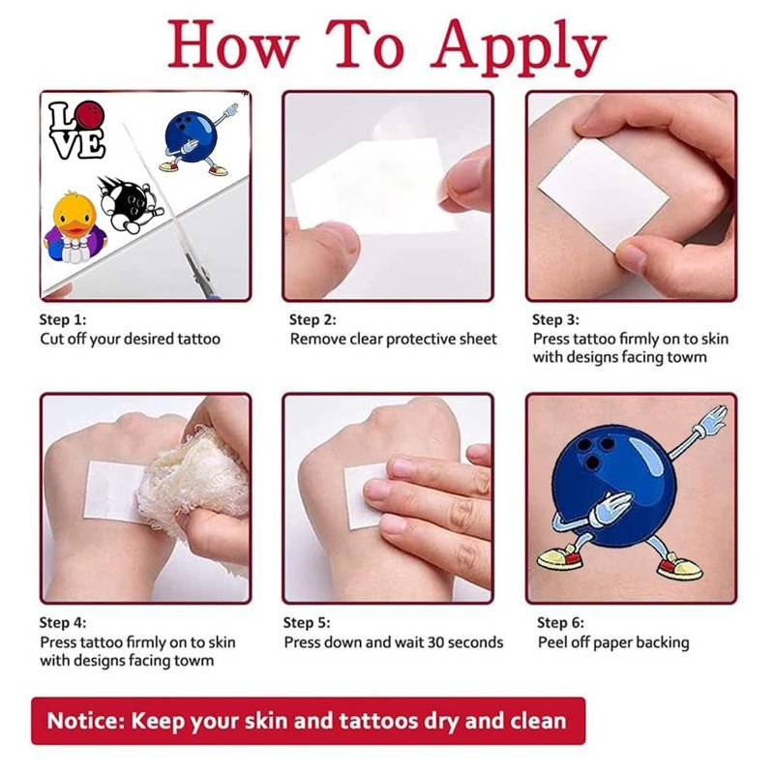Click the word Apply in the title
click(x=518, y=46)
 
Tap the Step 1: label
click(x=63, y=320)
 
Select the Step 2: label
click(x=313, y=320)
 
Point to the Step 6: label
click(x=560, y=622)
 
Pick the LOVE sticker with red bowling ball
click(x=77, y=130)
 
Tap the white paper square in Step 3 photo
click(x=604, y=193)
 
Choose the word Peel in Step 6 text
click(x=552, y=642)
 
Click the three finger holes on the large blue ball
click(x=594, y=451)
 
